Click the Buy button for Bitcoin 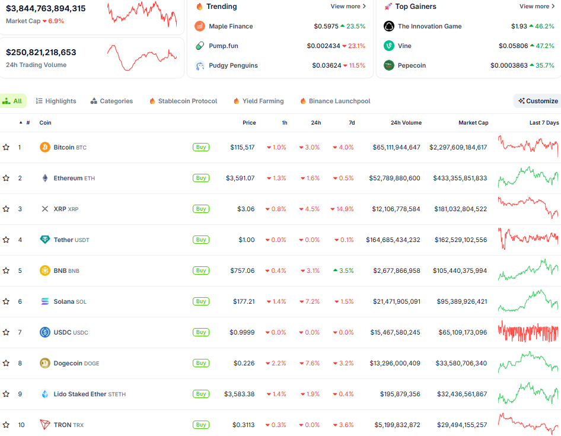201,147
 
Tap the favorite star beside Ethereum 6,178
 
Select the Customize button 537,101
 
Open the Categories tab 111,101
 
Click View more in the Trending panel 348,7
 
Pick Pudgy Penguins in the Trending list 233,66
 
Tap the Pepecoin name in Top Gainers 412,66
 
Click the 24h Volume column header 406,123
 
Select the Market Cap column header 473,123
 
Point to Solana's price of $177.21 243,301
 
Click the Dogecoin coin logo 44,363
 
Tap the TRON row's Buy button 201,425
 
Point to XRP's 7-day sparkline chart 528,208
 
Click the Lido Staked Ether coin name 80,394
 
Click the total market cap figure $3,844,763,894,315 46,9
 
